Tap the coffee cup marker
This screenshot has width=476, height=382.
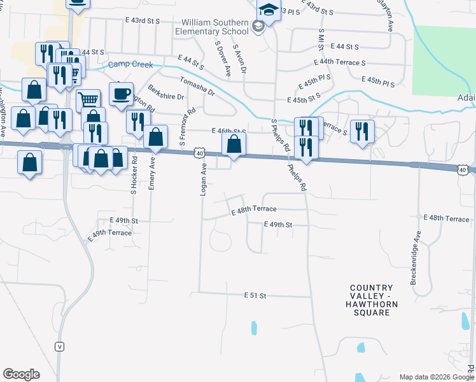(120, 94)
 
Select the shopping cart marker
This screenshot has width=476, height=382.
(89, 100)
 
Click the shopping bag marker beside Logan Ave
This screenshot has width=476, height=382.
(234, 144)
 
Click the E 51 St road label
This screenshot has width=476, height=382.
(255, 295)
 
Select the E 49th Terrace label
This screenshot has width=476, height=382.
(109, 234)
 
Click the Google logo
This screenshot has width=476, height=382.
(21, 375)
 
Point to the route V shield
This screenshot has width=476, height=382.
(59, 346)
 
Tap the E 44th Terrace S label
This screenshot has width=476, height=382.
(340, 63)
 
